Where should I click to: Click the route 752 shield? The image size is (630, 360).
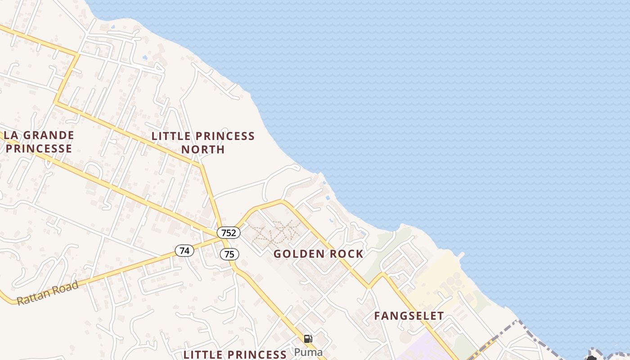tap(229, 233)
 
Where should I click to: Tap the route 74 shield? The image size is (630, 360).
tap(184, 251)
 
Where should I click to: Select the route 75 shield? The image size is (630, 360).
tap(229, 254)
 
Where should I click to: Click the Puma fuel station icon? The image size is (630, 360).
tap(308, 339)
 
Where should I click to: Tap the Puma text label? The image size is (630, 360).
tap(308, 351)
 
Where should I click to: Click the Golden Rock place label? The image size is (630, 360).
tap(318, 254)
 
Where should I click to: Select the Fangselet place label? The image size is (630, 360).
tap(409, 316)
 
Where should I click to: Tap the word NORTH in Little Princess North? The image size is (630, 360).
tap(203, 149)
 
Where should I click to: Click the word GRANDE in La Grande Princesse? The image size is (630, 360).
tap(48, 135)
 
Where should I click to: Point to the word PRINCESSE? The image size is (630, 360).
tap(39, 148)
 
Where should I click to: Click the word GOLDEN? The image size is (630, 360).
tap(299, 254)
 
